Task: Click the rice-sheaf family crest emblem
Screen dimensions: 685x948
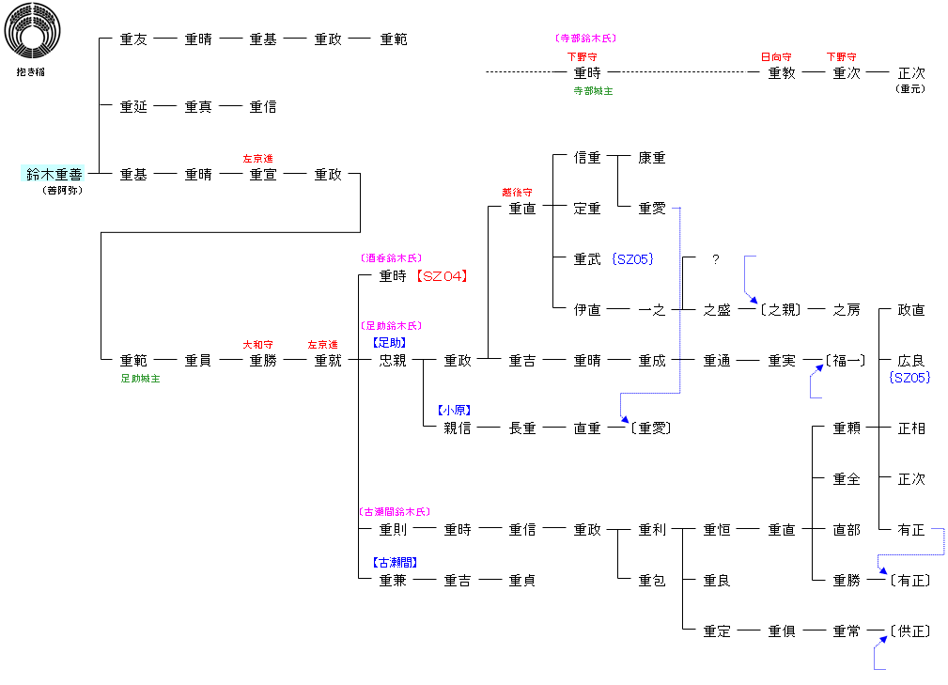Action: [32, 33]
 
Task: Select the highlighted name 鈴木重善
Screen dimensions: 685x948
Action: [54, 174]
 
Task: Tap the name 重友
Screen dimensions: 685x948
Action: [133, 39]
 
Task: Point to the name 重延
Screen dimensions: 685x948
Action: [133, 107]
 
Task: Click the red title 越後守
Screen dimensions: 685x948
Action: [517, 193]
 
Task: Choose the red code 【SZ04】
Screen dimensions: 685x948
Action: [442, 276]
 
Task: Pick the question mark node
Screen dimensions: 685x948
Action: [716, 259]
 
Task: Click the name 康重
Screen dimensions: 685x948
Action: [652, 158]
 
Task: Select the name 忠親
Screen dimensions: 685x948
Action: [393, 360]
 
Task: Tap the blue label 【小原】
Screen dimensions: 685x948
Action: [454, 411]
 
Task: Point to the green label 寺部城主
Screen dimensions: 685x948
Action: [593, 91]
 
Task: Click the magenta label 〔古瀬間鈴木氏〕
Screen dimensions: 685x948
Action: [394, 512]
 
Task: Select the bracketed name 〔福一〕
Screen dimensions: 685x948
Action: [846, 360]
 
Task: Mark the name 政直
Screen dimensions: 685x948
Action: [911, 310]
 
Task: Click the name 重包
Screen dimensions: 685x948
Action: [652, 581]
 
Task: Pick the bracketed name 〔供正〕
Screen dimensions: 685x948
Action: [910, 631]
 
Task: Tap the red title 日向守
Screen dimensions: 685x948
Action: [776, 57]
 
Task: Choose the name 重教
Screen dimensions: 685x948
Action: [782, 73]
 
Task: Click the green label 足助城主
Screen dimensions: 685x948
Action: [140, 379]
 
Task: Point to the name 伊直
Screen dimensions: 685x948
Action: [587, 310]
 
